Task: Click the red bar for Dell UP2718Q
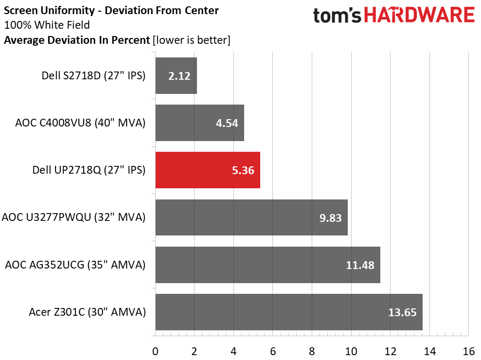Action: coord(208,170)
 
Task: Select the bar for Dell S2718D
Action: coord(176,75)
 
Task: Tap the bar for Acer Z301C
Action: coord(289,312)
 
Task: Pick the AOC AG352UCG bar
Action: coord(268,265)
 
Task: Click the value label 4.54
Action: coord(227,123)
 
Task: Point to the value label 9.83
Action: coord(330,217)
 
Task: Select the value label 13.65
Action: coord(403,312)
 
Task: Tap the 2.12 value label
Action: coord(179,76)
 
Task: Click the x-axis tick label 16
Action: coord(468,351)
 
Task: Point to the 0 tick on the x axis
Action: coord(155,351)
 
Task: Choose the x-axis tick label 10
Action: coord(351,351)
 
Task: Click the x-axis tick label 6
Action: coord(273,351)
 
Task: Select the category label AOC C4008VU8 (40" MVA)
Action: coord(80,123)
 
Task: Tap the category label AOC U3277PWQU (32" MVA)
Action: coord(73,217)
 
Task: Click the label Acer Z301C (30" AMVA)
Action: coord(88,312)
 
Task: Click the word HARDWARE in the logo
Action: coord(419,15)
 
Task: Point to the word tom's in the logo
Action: coord(337,16)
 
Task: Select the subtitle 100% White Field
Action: coord(47,25)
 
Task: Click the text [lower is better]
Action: coord(192,40)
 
